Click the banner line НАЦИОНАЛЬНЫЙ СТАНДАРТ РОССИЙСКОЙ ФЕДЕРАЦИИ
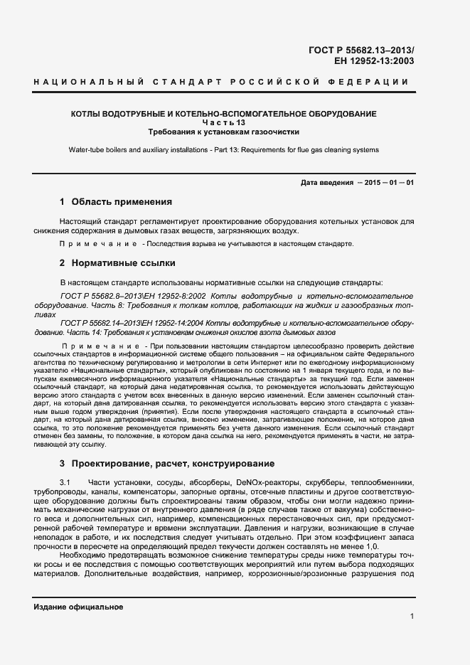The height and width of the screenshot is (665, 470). click(x=221, y=83)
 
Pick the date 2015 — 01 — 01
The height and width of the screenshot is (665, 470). click(x=390, y=183)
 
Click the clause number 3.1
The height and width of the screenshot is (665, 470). click(x=66, y=483)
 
